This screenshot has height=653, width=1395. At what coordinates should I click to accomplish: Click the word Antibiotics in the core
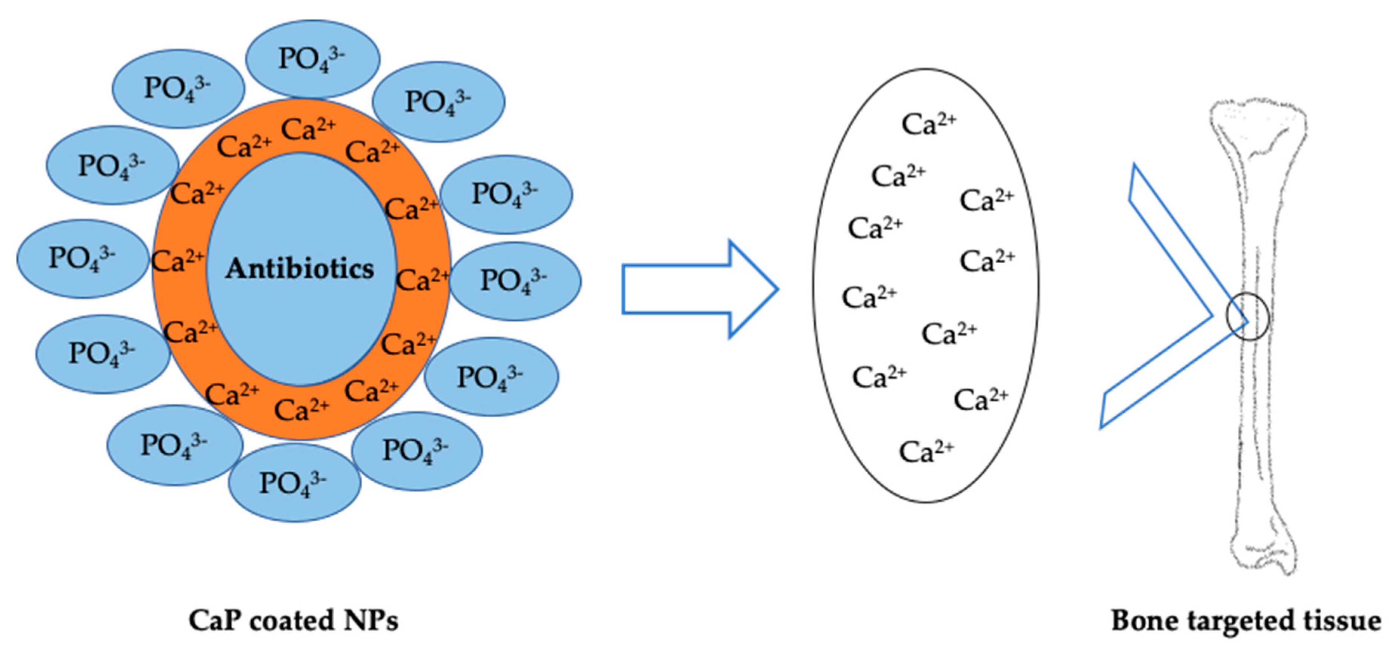(300, 269)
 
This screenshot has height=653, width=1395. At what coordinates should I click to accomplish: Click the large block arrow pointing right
(698, 289)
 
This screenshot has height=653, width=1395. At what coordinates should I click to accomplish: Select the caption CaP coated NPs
(293, 621)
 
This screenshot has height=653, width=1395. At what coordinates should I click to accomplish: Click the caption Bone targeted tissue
(1246, 621)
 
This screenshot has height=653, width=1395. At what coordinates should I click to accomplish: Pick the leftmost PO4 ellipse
(82, 258)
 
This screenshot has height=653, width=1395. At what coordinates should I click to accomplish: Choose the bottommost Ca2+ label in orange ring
(301, 410)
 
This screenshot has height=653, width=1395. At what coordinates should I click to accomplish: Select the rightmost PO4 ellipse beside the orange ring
(515, 281)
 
